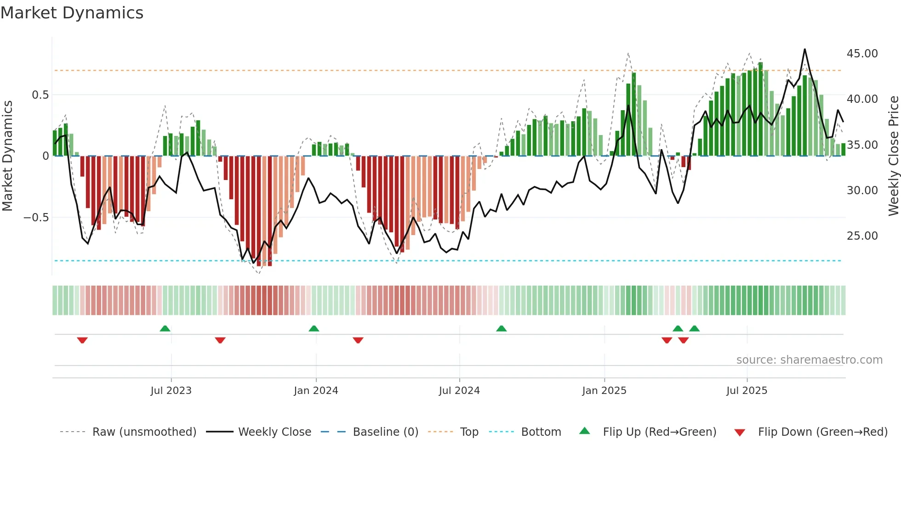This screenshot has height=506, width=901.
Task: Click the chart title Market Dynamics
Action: click(72, 13)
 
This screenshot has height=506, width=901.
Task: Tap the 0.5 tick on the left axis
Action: click(40, 95)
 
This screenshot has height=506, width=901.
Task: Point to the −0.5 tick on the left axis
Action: click(36, 218)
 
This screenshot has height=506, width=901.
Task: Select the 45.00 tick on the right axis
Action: click(862, 54)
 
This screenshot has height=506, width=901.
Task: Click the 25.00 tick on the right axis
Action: click(862, 236)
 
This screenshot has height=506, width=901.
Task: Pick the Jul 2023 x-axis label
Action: click(171, 391)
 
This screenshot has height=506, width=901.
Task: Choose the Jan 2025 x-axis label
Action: click(604, 391)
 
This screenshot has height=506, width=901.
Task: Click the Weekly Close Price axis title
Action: click(893, 156)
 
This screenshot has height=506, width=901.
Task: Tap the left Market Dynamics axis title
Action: click(8, 156)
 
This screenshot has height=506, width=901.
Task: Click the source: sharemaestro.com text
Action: click(809, 360)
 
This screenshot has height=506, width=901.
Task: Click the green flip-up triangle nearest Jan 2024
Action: click(314, 328)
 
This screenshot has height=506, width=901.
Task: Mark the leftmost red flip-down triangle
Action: click(82, 340)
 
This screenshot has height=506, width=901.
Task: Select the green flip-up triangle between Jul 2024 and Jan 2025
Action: click(502, 328)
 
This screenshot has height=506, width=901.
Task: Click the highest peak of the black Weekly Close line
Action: click(804, 50)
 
